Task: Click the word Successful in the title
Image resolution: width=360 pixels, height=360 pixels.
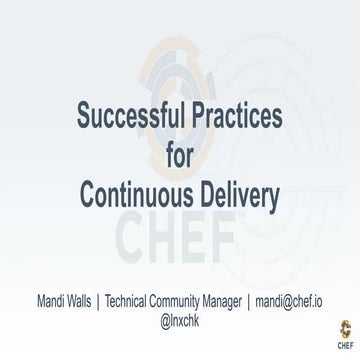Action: (x=130, y=117)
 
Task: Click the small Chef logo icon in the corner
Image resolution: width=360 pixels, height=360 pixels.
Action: (x=344, y=327)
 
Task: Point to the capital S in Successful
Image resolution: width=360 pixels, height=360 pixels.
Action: (x=84, y=117)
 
